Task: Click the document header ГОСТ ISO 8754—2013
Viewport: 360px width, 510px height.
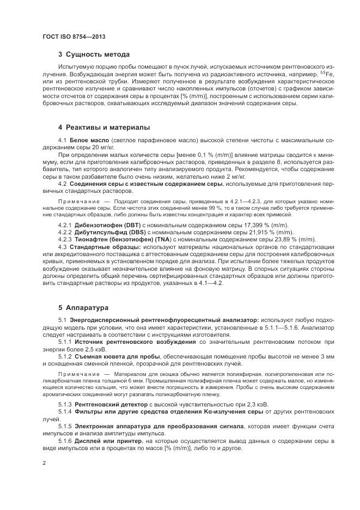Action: tap(74, 37)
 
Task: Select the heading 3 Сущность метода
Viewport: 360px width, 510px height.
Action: tap(94, 55)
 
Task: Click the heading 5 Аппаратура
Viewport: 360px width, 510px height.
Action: tap(83, 307)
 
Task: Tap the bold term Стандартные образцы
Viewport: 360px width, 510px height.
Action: tap(103, 246)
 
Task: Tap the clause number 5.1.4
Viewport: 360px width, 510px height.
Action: tap(65, 412)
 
